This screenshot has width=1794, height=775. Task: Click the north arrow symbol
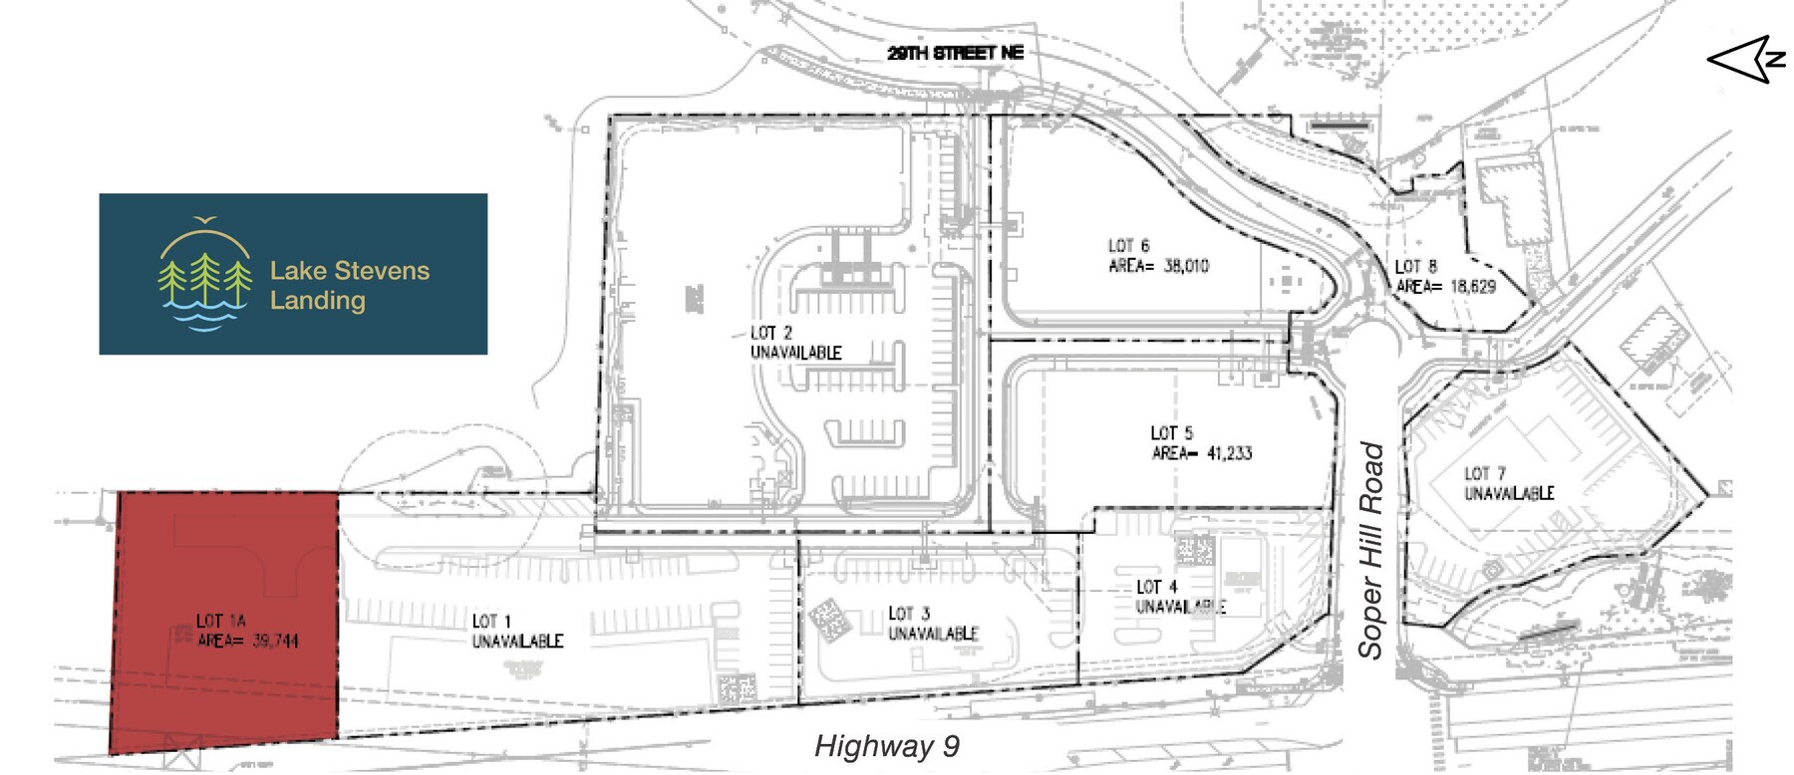[x=1746, y=59]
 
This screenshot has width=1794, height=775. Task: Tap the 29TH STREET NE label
[x=955, y=53]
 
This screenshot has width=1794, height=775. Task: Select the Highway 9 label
[x=886, y=746]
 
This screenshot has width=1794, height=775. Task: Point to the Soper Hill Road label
[x=1371, y=550]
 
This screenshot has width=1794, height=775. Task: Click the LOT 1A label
[x=221, y=621]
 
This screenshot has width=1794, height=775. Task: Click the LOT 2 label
[x=771, y=333]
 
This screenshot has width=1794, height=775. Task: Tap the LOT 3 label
[x=909, y=614]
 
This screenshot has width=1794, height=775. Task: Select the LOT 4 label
[x=1156, y=587]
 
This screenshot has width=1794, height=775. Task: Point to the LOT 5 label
[x=1171, y=433]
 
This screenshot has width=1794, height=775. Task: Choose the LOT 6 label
[x=1128, y=245]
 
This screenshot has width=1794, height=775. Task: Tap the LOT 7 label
[x=1484, y=473]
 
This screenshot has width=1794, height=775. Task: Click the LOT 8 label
[x=1415, y=266]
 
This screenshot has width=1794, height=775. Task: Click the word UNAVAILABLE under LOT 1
[x=517, y=641]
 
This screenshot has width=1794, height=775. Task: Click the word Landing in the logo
[x=317, y=301]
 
